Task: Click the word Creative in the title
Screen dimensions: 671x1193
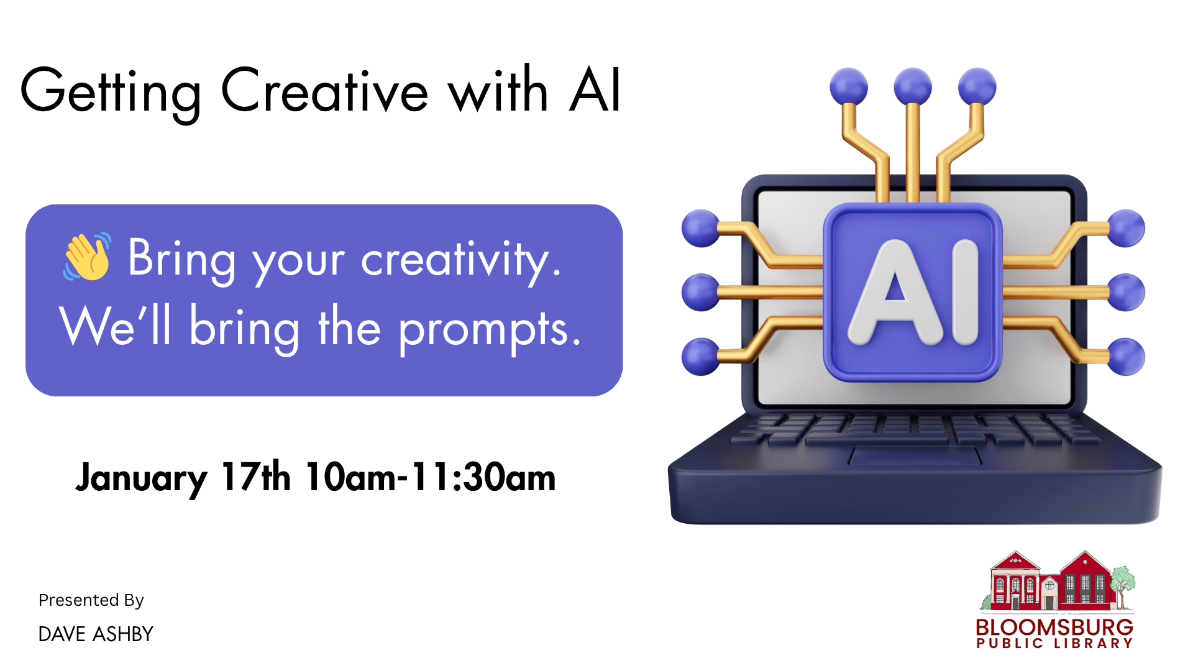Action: click(324, 91)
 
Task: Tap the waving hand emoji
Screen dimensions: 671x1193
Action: click(88, 257)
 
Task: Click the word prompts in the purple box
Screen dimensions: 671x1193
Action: click(490, 329)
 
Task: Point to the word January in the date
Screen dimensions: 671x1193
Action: click(141, 478)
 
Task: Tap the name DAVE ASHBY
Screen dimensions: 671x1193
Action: click(96, 634)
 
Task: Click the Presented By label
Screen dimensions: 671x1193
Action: click(91, 600)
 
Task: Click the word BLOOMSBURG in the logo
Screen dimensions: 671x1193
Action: click(1054, 627)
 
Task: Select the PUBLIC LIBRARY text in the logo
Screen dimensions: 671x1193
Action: click(1054, 644)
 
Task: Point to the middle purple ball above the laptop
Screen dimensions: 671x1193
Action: click(912, 86)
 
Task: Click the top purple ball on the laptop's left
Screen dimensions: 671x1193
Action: click(700, 228)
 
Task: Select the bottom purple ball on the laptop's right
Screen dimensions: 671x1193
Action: click(1126, 357)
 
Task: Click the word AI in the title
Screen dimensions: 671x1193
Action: click(595, 91)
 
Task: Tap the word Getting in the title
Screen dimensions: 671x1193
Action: click(111, 93)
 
